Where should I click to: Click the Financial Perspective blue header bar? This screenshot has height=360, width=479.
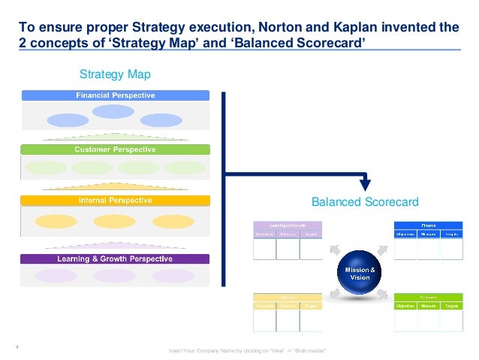point(115,95)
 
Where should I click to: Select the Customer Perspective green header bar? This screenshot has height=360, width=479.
point(115,150)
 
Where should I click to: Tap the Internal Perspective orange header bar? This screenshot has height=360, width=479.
point(115,201)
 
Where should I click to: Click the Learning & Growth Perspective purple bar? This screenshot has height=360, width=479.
point(115,259)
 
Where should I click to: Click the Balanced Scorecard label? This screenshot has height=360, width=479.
point(364,202)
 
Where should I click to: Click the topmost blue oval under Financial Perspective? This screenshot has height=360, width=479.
point(114,112)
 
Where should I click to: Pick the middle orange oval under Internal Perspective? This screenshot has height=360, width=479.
point(114,221)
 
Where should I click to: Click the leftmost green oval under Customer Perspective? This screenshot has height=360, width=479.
point(47,168)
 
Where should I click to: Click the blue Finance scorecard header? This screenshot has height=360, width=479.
point(429,224)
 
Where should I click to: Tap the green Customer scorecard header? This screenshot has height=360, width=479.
point(429,297)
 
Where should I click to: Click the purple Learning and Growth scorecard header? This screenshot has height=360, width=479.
point(288,224)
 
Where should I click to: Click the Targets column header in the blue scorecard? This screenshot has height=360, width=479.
point(452,234)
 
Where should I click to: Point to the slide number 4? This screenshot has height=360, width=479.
point(17,346)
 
